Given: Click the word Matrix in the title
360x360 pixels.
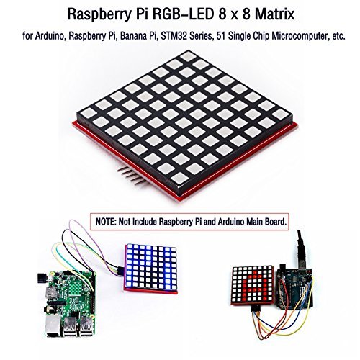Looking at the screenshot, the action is (274, 14).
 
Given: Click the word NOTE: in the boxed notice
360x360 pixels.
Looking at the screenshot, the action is (106, 222).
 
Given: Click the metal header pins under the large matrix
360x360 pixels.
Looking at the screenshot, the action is (131, 176).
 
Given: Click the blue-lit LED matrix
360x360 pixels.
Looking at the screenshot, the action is (150, 269).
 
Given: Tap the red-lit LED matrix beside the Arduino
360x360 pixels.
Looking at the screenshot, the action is (253, 285).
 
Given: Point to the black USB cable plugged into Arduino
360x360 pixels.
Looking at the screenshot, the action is (301, 250).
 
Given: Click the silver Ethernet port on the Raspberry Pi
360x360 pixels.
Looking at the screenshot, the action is (52, 326).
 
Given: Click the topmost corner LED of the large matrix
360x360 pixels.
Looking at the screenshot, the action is (189, 56).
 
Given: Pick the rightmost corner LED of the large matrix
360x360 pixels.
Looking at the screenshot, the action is (280, 114).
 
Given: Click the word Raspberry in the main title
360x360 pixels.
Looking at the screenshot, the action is (98, 15).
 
